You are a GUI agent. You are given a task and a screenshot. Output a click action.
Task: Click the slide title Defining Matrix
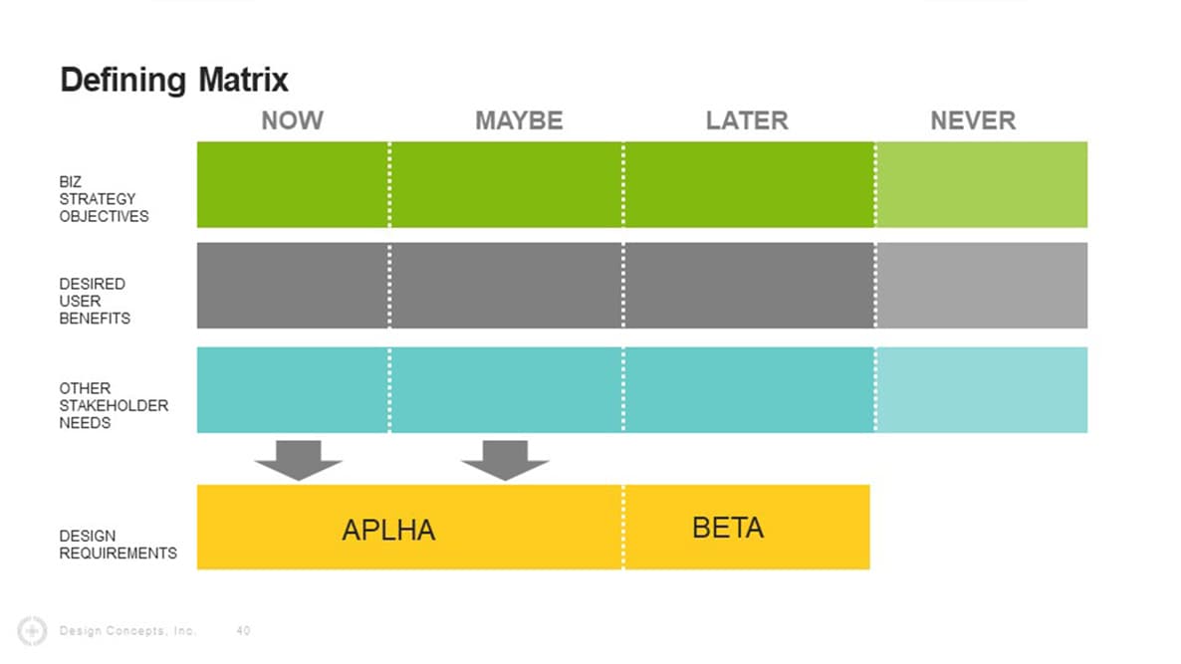tap(174, 80)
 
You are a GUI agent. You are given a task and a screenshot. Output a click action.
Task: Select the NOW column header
tap(292, 121)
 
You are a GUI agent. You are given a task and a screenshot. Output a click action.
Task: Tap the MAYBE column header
tap(519, 121)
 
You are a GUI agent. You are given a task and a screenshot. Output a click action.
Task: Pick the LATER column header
tap(747, 121)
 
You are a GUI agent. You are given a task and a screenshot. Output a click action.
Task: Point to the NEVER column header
tap(973, 121)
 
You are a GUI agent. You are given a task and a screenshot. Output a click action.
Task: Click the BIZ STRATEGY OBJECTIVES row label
tap(104, 199)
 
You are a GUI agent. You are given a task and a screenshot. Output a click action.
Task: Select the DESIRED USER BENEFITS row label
tap(95, 301)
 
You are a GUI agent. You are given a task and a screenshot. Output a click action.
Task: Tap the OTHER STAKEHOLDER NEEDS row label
tap(113, 405)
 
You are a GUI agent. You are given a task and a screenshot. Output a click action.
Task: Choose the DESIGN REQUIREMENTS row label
tap(118, 545)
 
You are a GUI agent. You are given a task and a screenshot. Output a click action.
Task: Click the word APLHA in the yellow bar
tap(388, 530)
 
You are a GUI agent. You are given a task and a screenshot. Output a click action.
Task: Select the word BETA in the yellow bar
tap(728, 528)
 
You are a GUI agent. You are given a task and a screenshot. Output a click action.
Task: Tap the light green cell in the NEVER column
tap(981, 184)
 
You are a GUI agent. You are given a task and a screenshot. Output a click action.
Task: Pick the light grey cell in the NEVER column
tap(981, 286)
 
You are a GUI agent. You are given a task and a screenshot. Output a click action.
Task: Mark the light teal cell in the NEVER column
tap(981, 389)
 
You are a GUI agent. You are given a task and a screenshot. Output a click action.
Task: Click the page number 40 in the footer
tap(244, 630)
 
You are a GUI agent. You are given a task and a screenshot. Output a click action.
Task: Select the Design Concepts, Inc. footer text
tap(127, 630)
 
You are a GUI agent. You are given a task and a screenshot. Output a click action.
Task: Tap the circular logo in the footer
tap(33, 630)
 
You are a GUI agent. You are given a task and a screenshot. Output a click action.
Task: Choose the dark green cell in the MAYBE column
tap(506, 184)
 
